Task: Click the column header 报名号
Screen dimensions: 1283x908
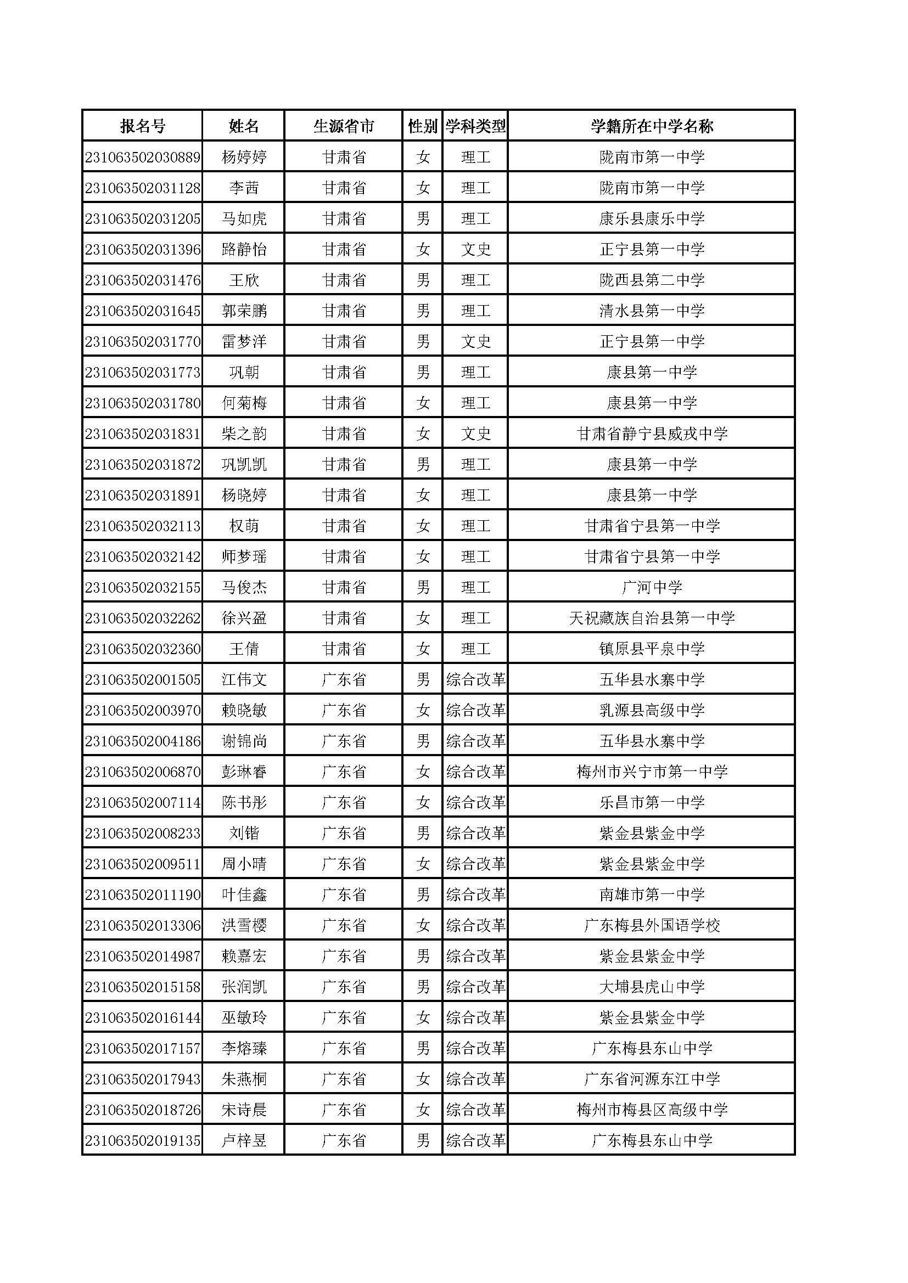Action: [143, 126]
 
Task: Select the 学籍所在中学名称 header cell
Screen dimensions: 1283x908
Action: [652, 126]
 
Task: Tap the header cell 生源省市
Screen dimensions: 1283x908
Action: [343, 126]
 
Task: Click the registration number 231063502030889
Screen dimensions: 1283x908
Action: [143, 157]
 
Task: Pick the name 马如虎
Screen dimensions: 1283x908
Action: [244, 218]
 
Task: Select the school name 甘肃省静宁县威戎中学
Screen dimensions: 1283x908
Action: [652, 434]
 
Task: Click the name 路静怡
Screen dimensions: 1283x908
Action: [244, 249]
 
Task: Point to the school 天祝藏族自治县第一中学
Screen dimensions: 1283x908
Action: [652, 618]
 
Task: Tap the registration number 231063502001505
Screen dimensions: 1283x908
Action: [143, 679]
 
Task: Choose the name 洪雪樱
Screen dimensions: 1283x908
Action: [244, 925]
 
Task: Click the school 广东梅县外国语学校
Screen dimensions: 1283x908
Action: [652, 925]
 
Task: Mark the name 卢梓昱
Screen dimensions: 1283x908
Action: [244, 1140]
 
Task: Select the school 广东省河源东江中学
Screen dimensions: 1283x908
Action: [652, 1079]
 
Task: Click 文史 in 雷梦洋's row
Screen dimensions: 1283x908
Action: [475, 341]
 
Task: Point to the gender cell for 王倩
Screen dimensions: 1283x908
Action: [423, 649]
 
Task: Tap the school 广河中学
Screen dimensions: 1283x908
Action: [652, 587]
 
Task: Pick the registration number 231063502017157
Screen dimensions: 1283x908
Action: [143, 1048]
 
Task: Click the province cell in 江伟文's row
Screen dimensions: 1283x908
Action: [343, 679]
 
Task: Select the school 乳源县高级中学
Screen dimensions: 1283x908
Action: [652, 710]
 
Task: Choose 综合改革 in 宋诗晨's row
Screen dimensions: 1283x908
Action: [475, 1110]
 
